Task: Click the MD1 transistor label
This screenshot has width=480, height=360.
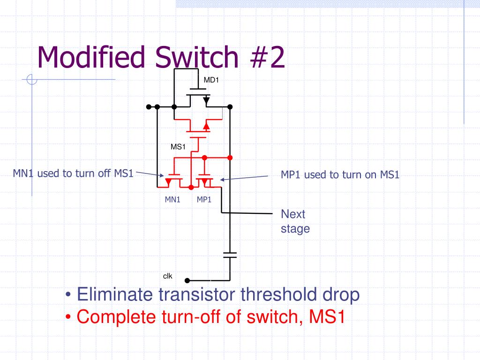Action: pyautogui.click(x=211, y=80)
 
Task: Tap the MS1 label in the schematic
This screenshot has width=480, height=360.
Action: pyautogui.click(x=178, y=147)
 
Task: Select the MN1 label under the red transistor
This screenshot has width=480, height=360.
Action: pyautogui.click(x=172, y=200)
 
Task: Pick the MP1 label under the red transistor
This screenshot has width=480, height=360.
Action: pyautogui.click(x=204, y=200)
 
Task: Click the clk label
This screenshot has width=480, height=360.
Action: pyautogui.click(x=168, y=276)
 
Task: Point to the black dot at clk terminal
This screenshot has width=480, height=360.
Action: pyautogui.click(x=187, y=281)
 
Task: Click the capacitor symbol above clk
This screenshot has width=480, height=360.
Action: pyautogui.click(x=230, y=255)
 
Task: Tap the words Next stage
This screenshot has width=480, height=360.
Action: pyautogui.click(x=295, y=221)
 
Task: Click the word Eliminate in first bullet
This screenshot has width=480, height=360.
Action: pyautogui.click(x=114, y=295)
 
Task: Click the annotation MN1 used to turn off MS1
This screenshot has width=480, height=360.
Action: pyautogui.click(x=73, y=174)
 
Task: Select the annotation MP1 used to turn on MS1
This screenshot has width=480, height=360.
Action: pyautogui.click(x=340, y=175)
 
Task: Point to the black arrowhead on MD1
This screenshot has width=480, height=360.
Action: pyautogui.click(x=206, y=100)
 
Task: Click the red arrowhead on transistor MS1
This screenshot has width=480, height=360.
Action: pyautogui.click(x=206, y=127)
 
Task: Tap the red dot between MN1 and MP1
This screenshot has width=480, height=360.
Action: pyautogui.click(x=191, y=187)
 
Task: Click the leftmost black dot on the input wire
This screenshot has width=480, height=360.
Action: pyautogui.click(x=149, y=107)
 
